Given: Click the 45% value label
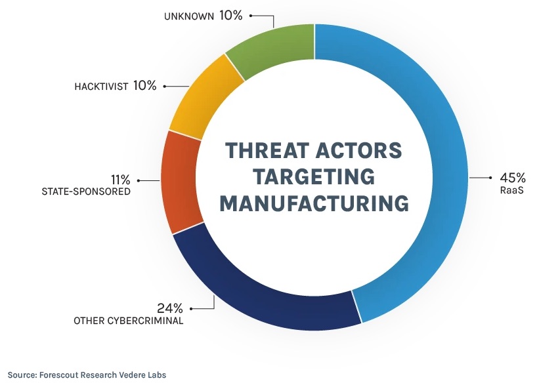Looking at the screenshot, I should (x=513, y=178).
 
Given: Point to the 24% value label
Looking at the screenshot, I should (x=169, y=308).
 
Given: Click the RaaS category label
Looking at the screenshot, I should (x=513, y=191).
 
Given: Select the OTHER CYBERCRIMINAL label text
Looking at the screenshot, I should (x=128, y=321).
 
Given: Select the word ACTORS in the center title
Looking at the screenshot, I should (x=360, y=150).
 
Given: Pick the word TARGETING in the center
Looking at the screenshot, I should (x=314, y=176).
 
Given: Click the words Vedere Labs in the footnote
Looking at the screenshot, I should (x=143, y=375).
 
